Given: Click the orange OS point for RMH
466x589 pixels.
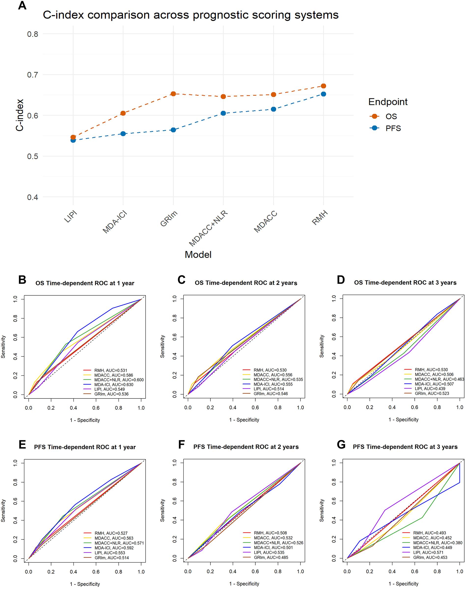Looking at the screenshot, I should coord(323,86).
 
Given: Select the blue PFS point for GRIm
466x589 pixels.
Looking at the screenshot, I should coord(173,130).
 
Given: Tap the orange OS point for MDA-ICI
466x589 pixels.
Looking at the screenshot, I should coord(123,113).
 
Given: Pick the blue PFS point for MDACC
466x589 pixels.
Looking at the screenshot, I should coord(273,109).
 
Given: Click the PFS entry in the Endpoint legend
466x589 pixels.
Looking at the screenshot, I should coord(393,128).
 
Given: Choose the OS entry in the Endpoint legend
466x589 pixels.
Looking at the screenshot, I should coord(391,116).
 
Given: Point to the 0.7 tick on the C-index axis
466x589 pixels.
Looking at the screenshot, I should coord(32,75).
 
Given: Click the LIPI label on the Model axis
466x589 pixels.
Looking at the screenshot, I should coord(71,217).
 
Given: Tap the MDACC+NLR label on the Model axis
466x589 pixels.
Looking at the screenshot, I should coord(208,229).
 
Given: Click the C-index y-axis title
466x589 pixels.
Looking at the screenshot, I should coord(20,115).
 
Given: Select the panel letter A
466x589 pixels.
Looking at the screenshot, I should coord(22,5).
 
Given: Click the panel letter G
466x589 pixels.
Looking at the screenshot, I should coord(341,444).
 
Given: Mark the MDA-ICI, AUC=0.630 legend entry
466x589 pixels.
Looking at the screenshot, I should coord(114,384).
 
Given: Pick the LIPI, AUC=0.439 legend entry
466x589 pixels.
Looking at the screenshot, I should coord(430,388).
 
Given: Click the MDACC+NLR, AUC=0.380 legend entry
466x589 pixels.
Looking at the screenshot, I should coord(437,543).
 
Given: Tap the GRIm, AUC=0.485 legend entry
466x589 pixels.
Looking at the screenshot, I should coord(271,557).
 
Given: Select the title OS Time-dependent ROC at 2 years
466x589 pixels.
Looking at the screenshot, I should coord(246,283).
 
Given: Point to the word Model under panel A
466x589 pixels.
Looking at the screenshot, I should coord(198,255).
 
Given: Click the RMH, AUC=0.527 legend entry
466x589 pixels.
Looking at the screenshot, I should coord(111,533).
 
